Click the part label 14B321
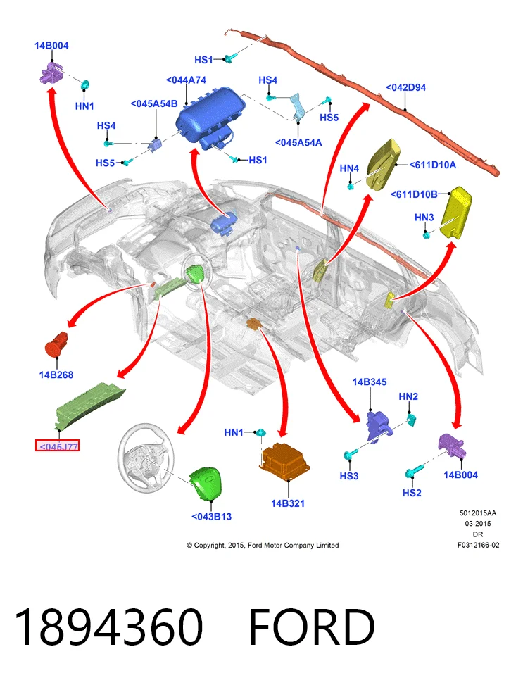[287, 503]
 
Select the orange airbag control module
[284, 463]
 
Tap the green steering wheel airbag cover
[206, 483]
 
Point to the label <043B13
[211, 516]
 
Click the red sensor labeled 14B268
[56, 344]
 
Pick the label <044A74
[186, 80]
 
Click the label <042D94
[405, 87]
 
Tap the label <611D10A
[433, 165]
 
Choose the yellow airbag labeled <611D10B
[455, 213]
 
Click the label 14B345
[370, 382]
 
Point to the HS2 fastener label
[412, 493]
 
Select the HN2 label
[408, 396]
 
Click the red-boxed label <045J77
[57, 446]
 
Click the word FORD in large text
[312, 627]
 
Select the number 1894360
[108, 627]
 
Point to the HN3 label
[424, 217]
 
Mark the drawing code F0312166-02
[478, 545]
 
